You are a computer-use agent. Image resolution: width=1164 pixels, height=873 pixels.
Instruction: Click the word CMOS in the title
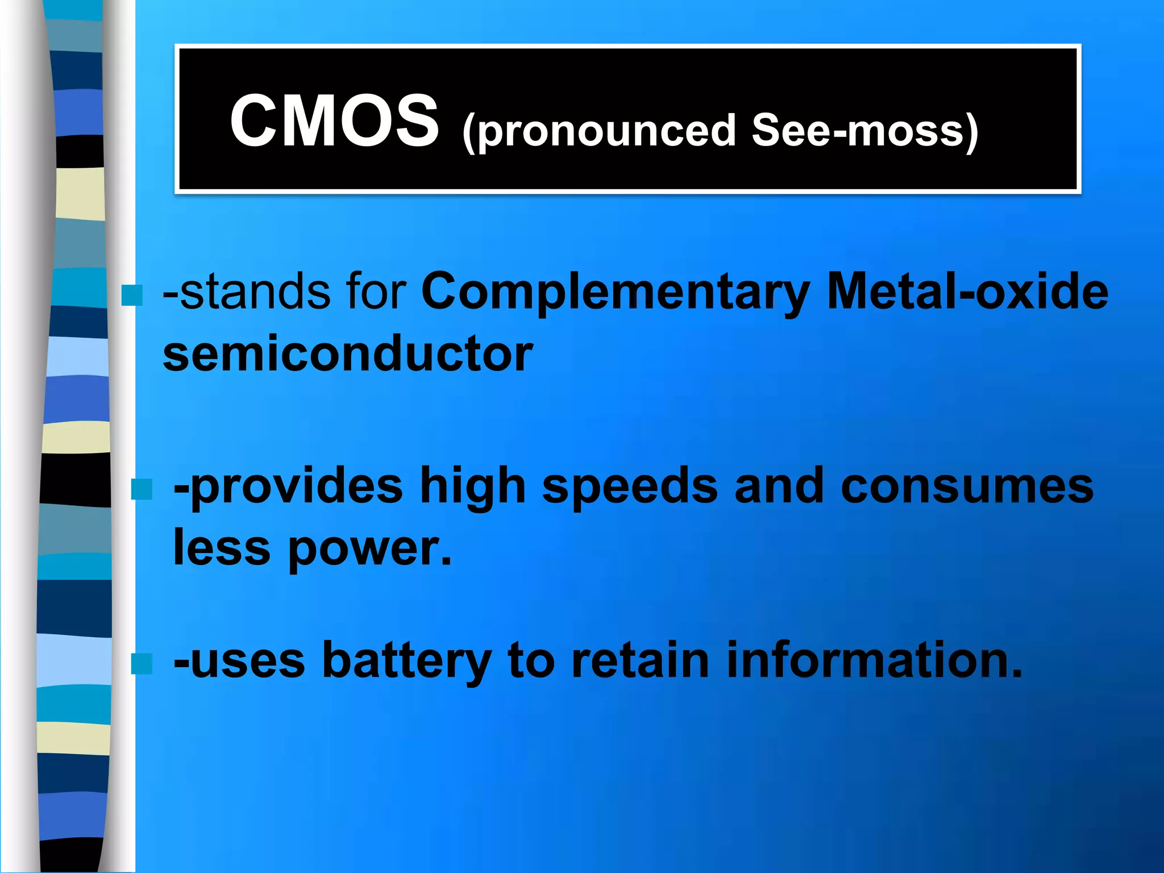pyautogui.click(x=334, y=121)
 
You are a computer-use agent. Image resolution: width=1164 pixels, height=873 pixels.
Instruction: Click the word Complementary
pyautogui.click(x=616, y=292)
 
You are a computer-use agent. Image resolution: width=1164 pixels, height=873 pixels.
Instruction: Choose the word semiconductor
pyautogui.click(x=348, y=353)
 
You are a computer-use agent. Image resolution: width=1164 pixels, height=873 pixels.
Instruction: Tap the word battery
pyautogui.click(x=406, y=661)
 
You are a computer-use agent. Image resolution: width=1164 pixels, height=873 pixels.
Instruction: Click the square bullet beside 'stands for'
pyautogui.click(x=132, y=296)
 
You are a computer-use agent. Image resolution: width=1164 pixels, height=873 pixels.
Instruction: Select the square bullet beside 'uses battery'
pyautogui.click(x=142, y=663)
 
